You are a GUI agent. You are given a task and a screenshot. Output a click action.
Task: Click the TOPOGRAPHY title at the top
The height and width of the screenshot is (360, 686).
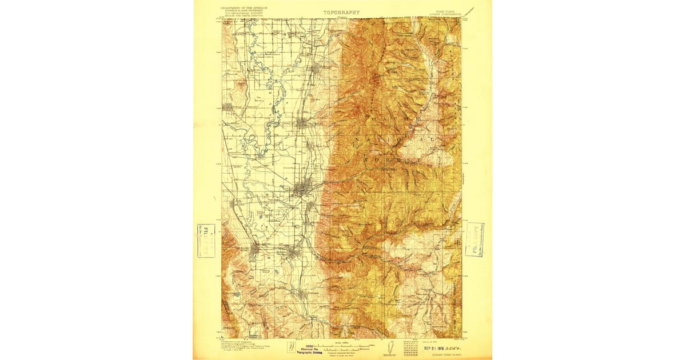coord(341,12)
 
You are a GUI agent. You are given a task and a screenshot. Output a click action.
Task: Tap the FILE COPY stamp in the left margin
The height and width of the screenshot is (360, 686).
coord(206,241)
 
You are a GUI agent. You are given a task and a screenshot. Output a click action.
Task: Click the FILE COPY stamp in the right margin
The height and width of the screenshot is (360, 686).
coord(474,239)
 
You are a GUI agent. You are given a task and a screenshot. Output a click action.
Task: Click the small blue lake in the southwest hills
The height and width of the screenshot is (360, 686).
coord(237,294)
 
